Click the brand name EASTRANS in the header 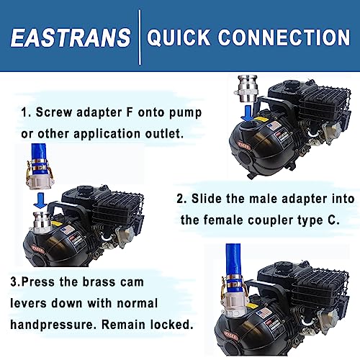[x=71, y=37]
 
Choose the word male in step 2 [x=267, y=199]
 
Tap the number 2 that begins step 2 [x=179, y=199]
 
